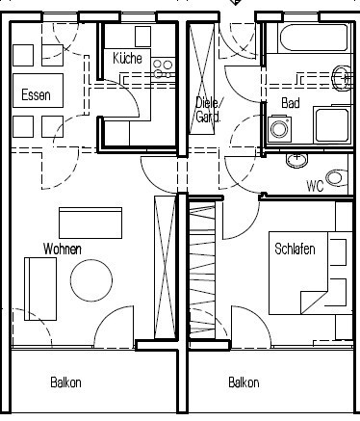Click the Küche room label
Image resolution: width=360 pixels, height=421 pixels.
[127, 59]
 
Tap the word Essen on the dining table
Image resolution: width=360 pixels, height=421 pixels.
[36, 95]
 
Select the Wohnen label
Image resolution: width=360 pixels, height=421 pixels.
[63, 250]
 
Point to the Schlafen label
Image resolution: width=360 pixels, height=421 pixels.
[295, 249]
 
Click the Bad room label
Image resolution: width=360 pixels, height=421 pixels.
[291, 103]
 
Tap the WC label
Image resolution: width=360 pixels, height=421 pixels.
[315, 186]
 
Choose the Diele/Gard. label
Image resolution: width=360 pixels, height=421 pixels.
[208, 110]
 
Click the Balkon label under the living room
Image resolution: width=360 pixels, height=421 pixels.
[65, 382]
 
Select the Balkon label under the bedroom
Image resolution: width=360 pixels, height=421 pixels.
[244, 382]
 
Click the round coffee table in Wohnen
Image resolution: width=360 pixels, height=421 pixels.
[91, 280]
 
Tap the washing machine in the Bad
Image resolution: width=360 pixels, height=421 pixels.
[280, 128]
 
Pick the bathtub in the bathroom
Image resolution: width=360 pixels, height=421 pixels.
[314, 38]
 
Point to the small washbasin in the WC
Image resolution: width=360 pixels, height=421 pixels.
[296, 160]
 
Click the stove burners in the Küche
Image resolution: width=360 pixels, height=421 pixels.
[163, 68]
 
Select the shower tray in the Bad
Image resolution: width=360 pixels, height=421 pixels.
[332, 125]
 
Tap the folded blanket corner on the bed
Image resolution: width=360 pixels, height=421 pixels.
[314, 302]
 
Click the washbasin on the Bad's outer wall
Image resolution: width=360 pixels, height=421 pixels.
[342, 78]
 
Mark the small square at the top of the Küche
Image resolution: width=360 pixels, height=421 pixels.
[142, 37]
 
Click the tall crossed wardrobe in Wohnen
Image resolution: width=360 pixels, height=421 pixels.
[165, 267]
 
